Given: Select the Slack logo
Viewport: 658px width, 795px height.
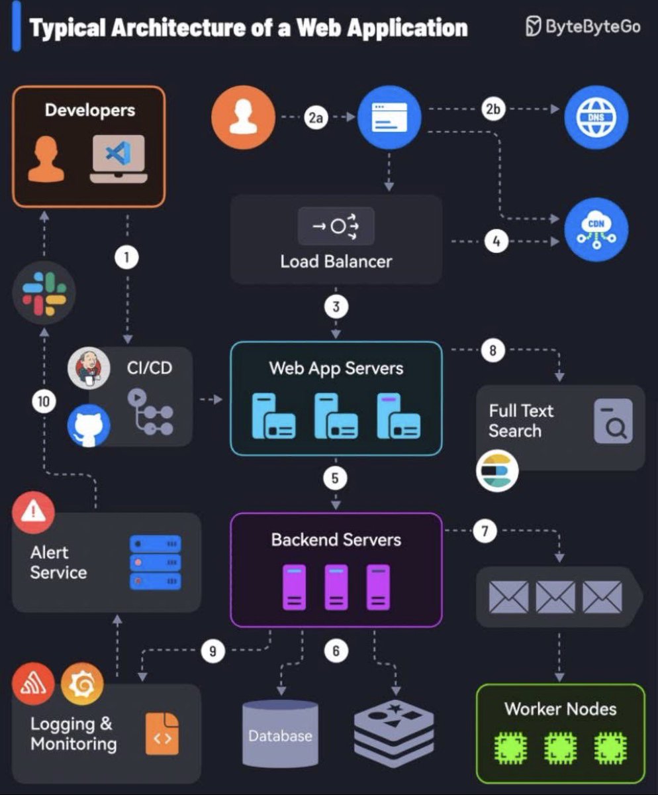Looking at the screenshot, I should click(x=44, y=291).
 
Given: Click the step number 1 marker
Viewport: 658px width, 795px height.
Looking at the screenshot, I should click(x=126, y=257).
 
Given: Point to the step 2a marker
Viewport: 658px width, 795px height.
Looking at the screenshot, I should click(x=316, y=119).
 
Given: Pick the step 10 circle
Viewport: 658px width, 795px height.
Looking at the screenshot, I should click(x=44, y=401).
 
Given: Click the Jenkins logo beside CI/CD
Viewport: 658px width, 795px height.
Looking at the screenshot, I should click(x=89, y=367).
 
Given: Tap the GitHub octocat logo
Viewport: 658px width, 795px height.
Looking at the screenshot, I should click(x=89, y=425).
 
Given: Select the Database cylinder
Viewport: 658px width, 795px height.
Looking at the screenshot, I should click(x=280, y=733).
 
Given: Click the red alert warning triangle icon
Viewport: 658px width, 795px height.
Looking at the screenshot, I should click(x=33, y=511).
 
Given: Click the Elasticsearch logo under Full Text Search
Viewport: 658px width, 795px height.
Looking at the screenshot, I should click(x=497, y=471).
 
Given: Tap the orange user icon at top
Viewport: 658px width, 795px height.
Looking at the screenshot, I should click(x=243, y=119).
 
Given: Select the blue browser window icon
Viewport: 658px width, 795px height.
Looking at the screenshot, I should click(x=389, y=119).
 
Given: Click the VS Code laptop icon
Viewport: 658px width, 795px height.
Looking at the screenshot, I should click(x=118, y=159).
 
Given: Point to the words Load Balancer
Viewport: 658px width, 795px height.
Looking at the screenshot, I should click(x=336, y=261).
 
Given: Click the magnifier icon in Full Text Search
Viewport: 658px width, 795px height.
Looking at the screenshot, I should click(x=613, y=421).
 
